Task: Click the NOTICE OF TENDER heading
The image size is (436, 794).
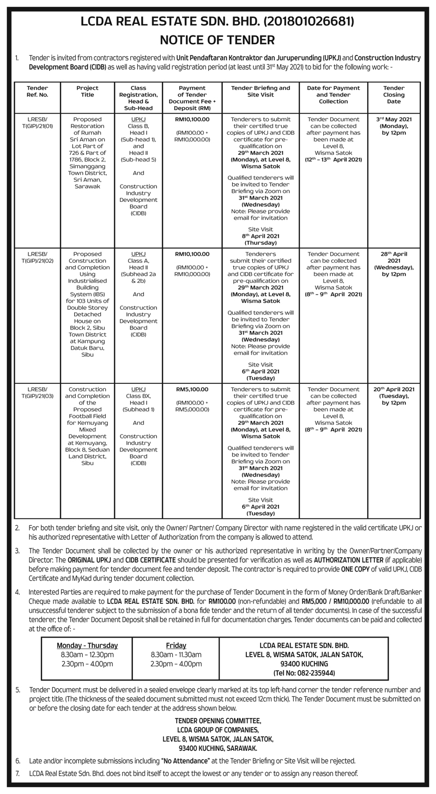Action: tap(217, 40)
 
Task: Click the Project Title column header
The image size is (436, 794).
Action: tap(87, 91)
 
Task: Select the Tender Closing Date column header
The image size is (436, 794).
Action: tap(393, 94)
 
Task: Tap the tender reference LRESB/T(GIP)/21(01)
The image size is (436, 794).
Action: tap(38, 122)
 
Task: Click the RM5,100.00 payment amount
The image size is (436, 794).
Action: tap(192, 389)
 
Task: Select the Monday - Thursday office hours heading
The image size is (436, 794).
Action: tap(87, 645)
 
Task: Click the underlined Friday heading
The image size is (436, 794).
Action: tap(176, 645)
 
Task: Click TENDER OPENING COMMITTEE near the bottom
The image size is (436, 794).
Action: tap(218, 720)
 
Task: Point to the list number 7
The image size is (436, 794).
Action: tap(17, 773)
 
